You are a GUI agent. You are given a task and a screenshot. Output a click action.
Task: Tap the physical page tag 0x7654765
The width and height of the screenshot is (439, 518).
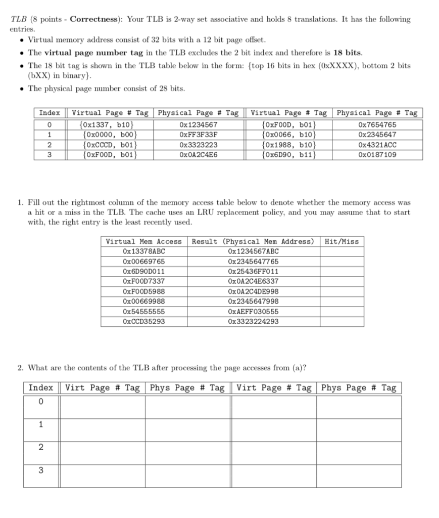(x=376, y=125)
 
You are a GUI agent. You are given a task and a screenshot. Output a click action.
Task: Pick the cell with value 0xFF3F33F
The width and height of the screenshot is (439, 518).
(x=198, y=135)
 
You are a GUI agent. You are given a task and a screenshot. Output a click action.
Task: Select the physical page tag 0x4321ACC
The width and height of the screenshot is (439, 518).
(x=376, y=145)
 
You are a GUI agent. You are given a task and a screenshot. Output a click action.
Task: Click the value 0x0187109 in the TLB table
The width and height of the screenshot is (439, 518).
(x=376, y=154)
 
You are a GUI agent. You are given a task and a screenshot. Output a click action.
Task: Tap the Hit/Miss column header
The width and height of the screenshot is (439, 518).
(x=342, y=241)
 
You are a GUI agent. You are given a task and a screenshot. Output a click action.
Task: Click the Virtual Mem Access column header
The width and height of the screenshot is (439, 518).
(x=143, y=241)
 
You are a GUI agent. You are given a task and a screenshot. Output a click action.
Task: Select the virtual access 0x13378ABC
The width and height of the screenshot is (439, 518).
(x=143, y=251)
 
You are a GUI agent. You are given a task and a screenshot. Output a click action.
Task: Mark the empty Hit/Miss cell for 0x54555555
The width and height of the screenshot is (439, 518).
(x=342, y=312)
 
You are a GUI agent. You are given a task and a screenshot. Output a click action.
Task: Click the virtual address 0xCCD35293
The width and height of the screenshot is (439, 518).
(x=143, y=321)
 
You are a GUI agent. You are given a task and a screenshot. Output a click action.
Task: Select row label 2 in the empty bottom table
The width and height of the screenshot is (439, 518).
(x=41, y=447)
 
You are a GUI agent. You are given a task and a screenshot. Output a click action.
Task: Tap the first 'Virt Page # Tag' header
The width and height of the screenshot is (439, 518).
(x=103, y=388)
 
